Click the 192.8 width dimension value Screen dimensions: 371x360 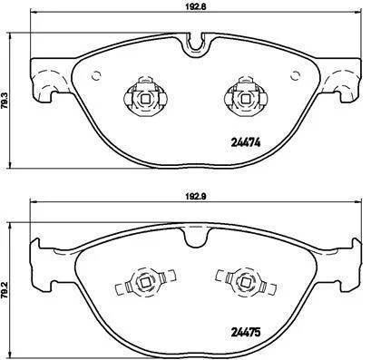195,6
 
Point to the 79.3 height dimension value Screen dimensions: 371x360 5,100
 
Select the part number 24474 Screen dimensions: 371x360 245,142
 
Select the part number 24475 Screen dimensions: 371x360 245,333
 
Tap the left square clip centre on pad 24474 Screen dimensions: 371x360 145,99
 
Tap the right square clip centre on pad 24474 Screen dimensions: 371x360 246,99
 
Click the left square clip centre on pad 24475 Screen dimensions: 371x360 145,282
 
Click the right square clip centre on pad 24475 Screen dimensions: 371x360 246,282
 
